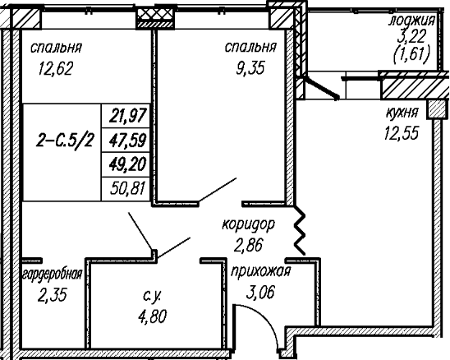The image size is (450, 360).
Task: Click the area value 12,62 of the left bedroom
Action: coord(55,69)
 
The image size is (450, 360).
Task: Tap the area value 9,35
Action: coord(250,68)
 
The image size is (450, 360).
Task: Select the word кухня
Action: coord(402,113)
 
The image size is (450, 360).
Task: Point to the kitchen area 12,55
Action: coord(402,132)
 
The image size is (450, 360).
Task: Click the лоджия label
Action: coord(412,21)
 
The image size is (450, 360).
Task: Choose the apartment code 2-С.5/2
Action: coord(65,141)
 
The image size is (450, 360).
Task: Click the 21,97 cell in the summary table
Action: coord(128,116)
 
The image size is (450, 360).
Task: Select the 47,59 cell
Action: coord(128,141)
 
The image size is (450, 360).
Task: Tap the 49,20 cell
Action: coord(128,164)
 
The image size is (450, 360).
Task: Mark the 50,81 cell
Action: coord(128,188)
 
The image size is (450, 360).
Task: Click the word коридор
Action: coord(249,224)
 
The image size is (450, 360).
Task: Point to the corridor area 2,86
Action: coord(249,246)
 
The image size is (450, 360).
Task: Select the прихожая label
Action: coord(261,271)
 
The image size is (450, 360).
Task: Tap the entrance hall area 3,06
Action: coord(260,293)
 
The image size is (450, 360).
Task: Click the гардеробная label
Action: coord(53,275)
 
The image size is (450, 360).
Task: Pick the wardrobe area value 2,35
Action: coord(53,295)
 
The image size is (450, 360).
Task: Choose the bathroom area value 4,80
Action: coord(152,316)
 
